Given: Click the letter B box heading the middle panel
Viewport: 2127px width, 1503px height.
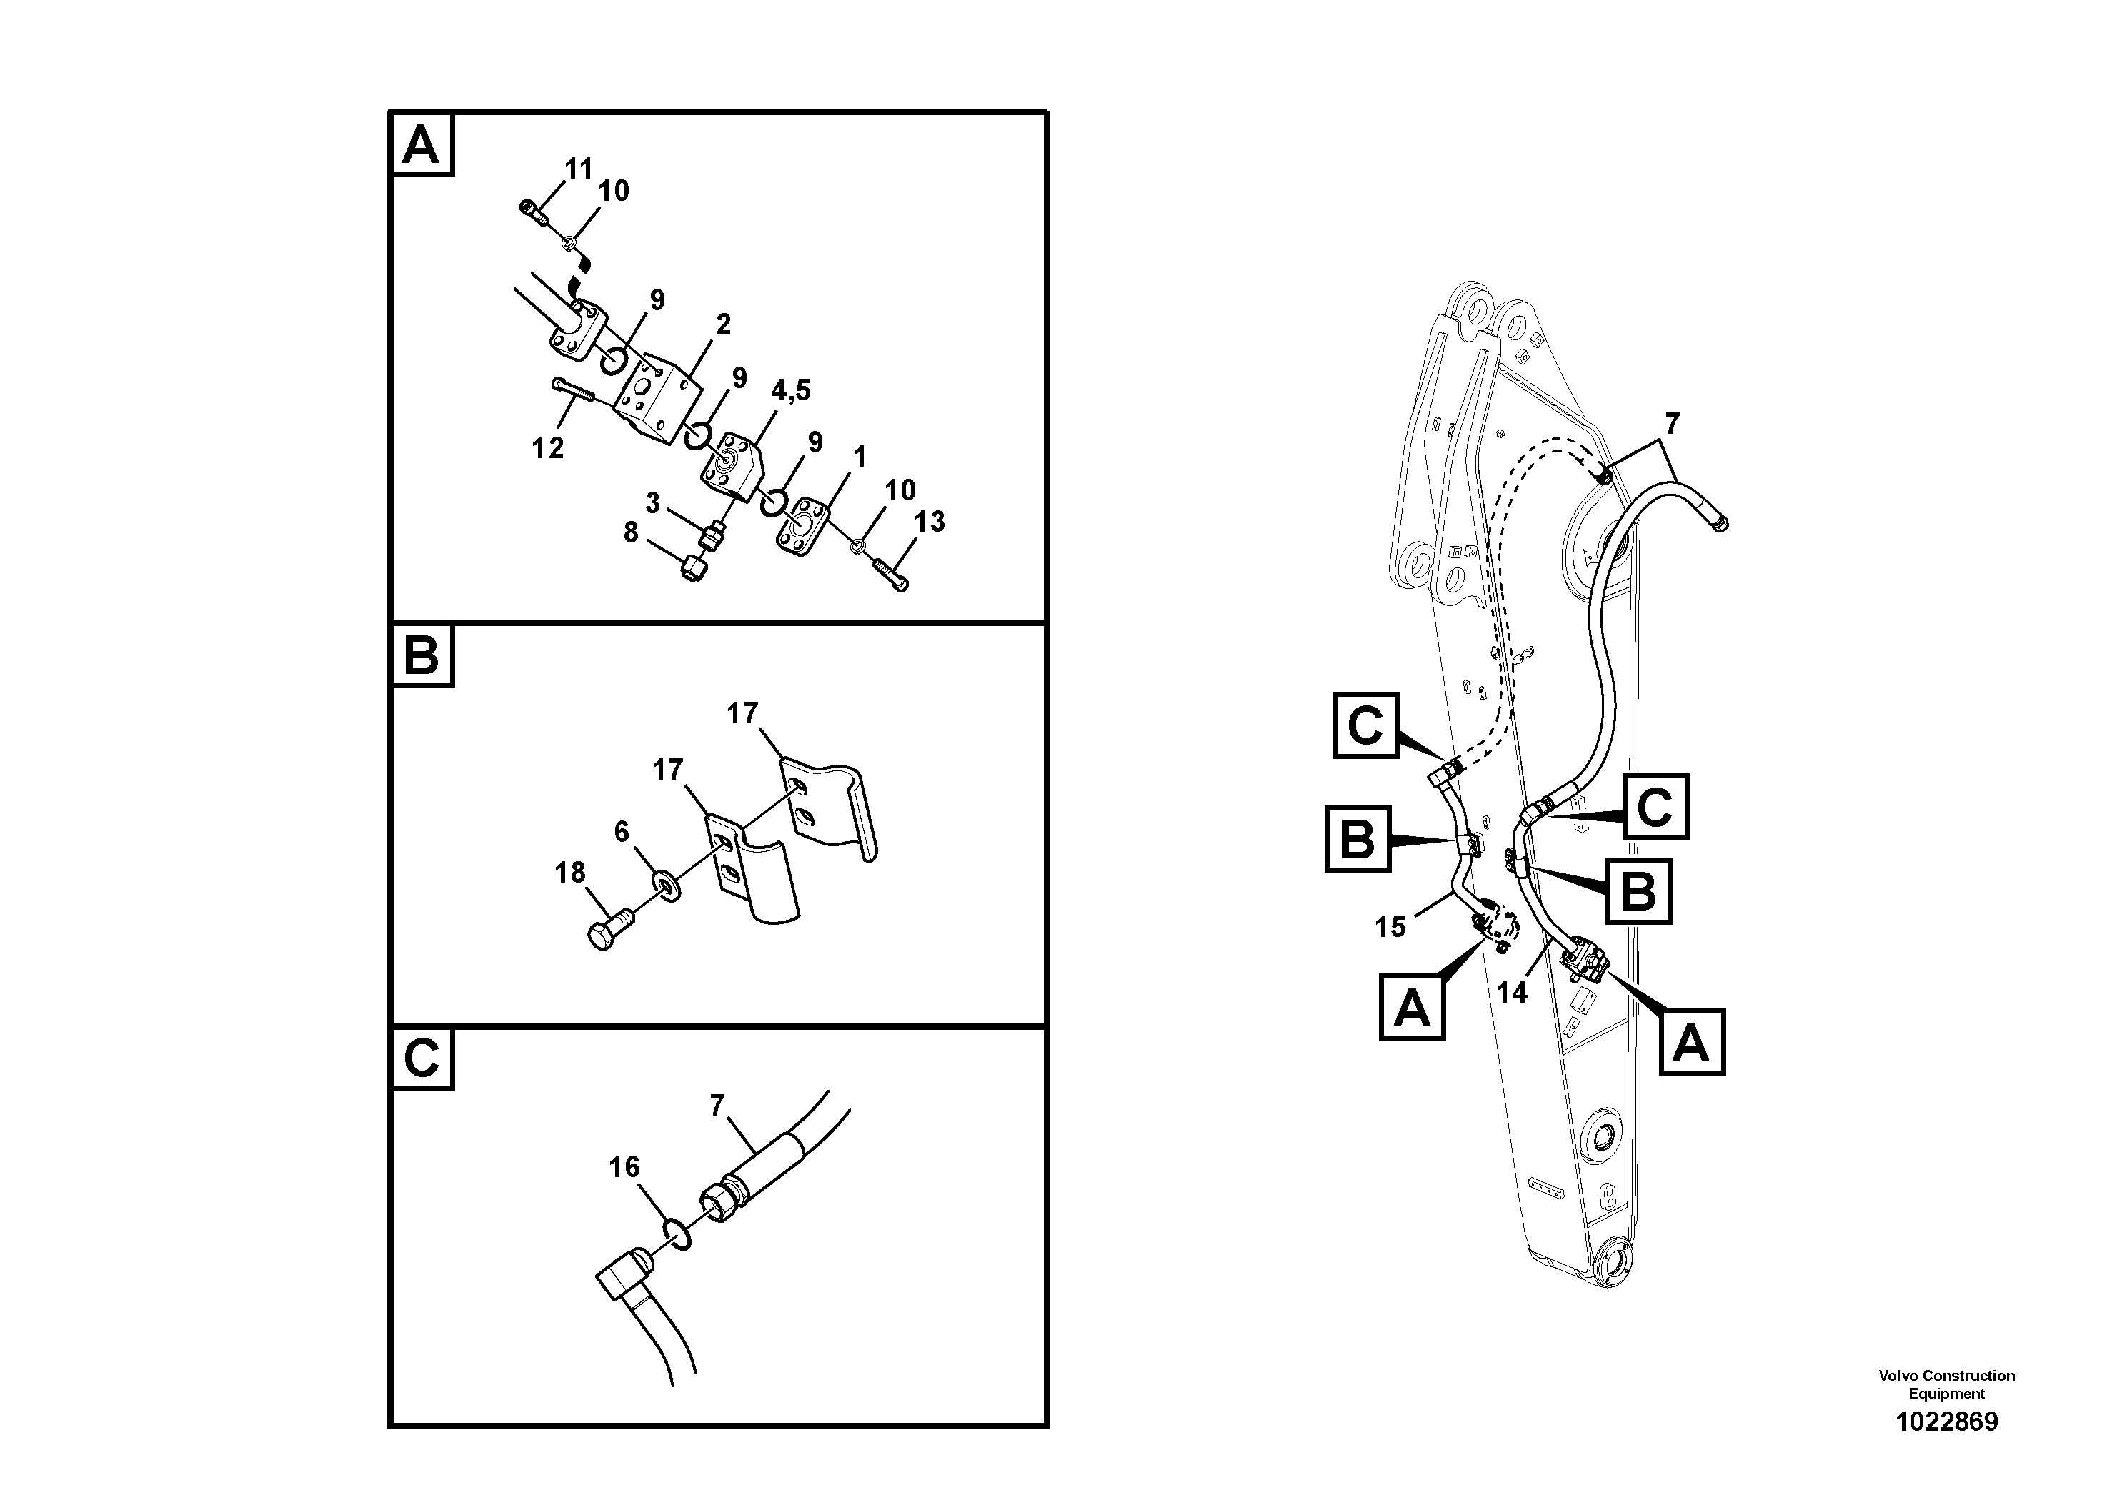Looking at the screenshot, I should point(422,656).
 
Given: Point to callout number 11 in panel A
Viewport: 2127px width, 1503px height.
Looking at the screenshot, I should point(579,169).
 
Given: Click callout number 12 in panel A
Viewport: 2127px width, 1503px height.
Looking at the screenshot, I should point(547,449).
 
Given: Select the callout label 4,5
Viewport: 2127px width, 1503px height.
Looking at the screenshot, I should point(790,391).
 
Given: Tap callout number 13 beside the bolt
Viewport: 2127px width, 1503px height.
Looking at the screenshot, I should point(929,522).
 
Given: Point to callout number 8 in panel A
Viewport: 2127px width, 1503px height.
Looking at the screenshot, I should point(631,533).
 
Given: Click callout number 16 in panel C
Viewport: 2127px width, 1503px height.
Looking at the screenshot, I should point(624,1166).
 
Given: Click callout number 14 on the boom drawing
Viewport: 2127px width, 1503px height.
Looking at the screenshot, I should point(1511,993).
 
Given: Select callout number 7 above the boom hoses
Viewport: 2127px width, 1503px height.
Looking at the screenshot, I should point(1671,425).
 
